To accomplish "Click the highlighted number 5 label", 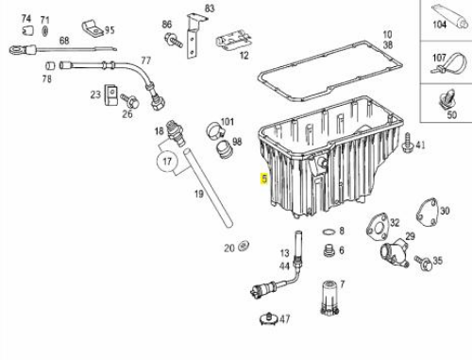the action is tap(264, 179).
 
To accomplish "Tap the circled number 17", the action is tap(167, 162).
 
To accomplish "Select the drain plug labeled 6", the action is tap(329, 251).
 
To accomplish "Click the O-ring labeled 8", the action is tap(329, 232).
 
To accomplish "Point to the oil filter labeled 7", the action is tap(329, 298).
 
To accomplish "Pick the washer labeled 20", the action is tap(244, 246).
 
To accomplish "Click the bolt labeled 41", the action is tap(408, 143).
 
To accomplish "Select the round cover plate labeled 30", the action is tap(428, 213).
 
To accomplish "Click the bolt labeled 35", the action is tap(423, 263).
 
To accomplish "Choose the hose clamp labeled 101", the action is tap(214, 129).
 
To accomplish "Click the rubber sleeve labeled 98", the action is tap(224, 148).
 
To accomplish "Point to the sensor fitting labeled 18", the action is tap(175, 133).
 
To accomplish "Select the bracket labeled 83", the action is tap(194, 36).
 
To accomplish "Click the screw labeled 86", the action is tap(173, 40).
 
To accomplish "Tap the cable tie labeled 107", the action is tap(447, 64).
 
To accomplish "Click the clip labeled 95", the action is tap(93, 29).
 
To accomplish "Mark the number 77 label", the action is tap(146, 60).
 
